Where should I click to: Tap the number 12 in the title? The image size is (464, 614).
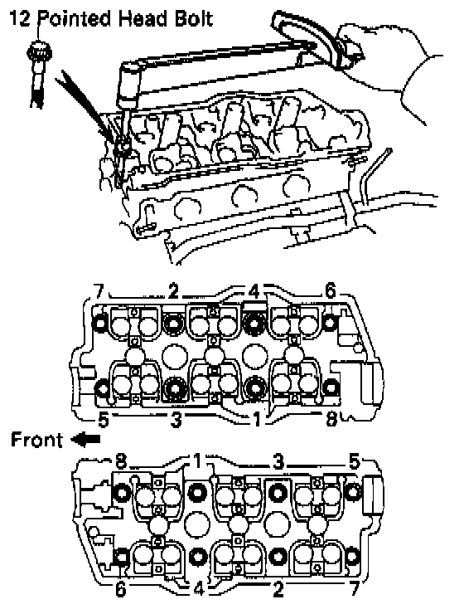(20, 18)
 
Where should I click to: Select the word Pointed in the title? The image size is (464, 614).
(75, 18)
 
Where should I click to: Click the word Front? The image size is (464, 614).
(36, 440)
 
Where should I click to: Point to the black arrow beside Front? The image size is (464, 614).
(85, 440)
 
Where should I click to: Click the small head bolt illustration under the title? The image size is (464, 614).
(38, 73)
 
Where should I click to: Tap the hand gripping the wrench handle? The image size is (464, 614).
(387, 66)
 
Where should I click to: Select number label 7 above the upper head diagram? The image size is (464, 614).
(99, 291)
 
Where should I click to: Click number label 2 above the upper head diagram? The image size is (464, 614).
(173, 291)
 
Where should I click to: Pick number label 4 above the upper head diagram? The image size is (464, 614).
(254, 291)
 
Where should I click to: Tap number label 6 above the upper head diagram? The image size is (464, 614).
(331, 291)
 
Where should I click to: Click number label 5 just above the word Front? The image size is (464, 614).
(103, 420)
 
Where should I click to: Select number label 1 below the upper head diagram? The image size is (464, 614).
(256, 420)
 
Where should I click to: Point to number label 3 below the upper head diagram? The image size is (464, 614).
(176, 420)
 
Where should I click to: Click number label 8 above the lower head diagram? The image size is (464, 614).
(121, 462)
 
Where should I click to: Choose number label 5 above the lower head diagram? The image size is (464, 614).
(353, 462)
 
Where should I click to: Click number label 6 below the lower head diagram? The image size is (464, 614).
(121, 589)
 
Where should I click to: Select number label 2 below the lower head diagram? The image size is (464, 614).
(278, 589)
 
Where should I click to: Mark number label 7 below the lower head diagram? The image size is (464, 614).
(354, 589)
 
